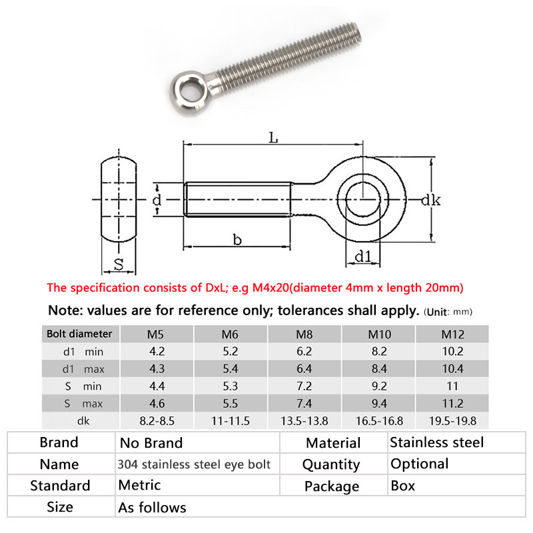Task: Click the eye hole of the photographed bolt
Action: [x=185, y=87]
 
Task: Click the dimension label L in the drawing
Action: [x=272, y=137]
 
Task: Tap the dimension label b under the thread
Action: [x=237, y=239]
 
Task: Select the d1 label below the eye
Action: [x=362, y=256]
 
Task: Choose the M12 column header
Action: [x=452, y=333]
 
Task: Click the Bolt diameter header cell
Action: [x=79, y=333]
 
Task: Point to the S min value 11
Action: [x=452, y=386]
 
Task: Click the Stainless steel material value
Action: [x=437, y=442]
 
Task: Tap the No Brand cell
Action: [x=151, y=443]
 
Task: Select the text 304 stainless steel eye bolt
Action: [x=195, y=464]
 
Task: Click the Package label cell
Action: [x=332, y=486]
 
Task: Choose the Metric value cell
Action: [x=139, y=486]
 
